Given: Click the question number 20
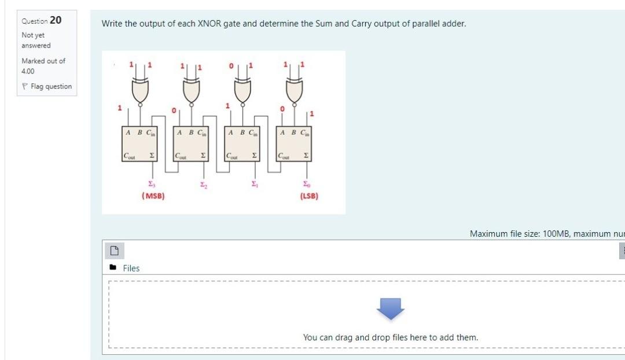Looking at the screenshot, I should click(x=56, y=20).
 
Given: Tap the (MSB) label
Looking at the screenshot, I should click(x=153, y=196).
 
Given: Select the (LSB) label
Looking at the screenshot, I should click(x=308, y=196).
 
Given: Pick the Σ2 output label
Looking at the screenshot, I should click(x=203, y=184).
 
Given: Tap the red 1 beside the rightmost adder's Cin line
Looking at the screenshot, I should click(x=312, y=112).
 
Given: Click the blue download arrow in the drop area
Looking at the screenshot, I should click(x=390, y=309).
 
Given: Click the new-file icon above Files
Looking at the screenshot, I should click(x=115, y=251).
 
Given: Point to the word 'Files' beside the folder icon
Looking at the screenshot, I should click(x=131, y=268).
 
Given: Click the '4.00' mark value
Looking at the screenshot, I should click(x=28, y=71).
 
